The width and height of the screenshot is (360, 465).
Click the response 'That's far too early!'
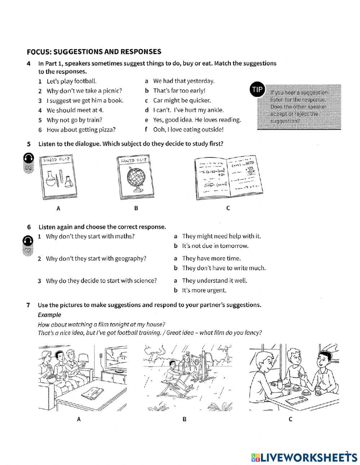point(179,91)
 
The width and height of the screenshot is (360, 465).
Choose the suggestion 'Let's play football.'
point(72,81)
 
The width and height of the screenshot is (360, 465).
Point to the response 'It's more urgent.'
point(204,290)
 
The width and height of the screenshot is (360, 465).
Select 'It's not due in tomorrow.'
point(215,246)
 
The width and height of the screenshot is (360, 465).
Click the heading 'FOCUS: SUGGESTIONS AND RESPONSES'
point(94,52)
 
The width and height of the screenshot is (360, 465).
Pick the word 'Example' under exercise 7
point(49,315)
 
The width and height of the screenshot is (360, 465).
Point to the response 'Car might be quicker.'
point(182,100)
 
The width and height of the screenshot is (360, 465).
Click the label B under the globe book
point(136,208)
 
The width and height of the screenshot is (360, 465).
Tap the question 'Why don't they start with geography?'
point(96,259)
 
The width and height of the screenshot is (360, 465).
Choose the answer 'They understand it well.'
point(215,281)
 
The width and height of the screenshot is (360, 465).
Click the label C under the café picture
point(290,419)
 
